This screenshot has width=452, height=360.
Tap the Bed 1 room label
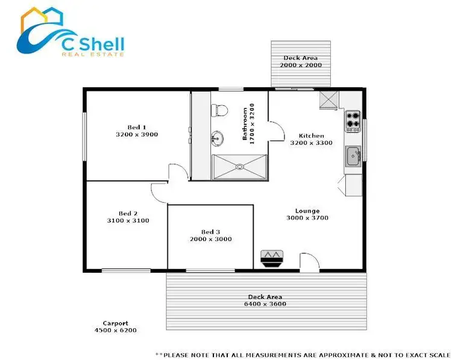(137, 127)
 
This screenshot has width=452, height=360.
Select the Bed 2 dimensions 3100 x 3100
(128, 221)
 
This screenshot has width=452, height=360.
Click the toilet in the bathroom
(219, 110)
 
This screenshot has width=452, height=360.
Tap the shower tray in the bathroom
(239, 166)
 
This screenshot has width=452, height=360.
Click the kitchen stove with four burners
(353, 121)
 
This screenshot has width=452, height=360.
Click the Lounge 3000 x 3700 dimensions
(307, 219)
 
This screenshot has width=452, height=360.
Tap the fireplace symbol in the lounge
(272, 257)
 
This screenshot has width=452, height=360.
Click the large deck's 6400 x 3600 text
(265, 305)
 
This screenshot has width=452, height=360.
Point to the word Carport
(115, 323)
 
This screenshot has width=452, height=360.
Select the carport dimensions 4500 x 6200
(115, 331)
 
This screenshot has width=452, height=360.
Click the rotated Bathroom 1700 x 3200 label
(249, 123)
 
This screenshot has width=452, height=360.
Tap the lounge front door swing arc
(309, 262)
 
